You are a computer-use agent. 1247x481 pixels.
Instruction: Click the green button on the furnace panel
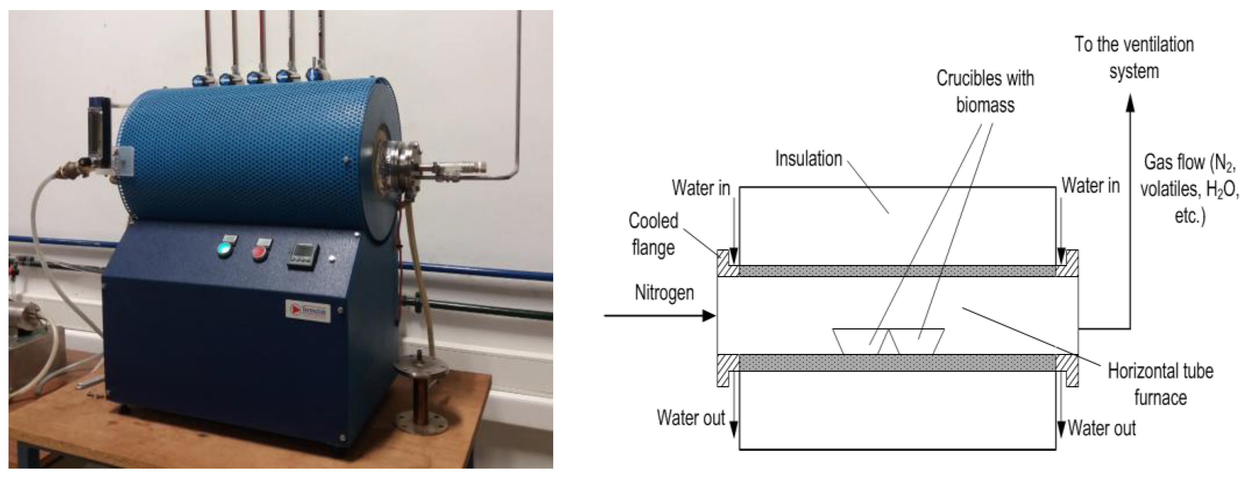(x=224, y=248)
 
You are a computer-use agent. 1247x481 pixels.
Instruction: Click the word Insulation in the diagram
(x=808, y=159)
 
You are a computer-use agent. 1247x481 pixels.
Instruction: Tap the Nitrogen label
(x=664, y=293)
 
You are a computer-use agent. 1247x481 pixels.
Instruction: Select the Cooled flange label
(x=653, y=234)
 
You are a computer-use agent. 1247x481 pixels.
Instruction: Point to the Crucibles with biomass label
(x=985, y=91)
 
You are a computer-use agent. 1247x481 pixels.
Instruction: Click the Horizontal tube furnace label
(x=1160, y=384)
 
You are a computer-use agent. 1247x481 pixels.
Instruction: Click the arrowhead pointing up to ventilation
(x=1130, y=105)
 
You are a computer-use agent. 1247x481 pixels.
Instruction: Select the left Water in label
(x=700, y=188)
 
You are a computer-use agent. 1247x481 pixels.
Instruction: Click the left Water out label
(x=690, y=417)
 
